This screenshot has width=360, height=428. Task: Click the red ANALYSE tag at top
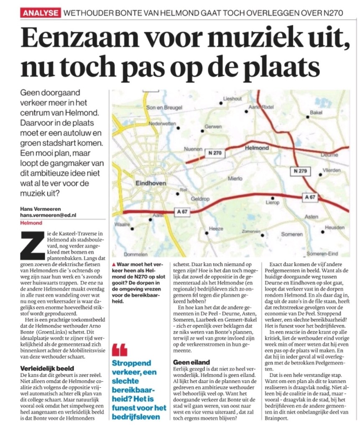tap(40, 13)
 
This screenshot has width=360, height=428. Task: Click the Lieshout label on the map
tap(233, 99)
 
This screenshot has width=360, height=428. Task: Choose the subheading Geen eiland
tap(191, 361)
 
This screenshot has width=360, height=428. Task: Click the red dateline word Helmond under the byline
tap(28, 223)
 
